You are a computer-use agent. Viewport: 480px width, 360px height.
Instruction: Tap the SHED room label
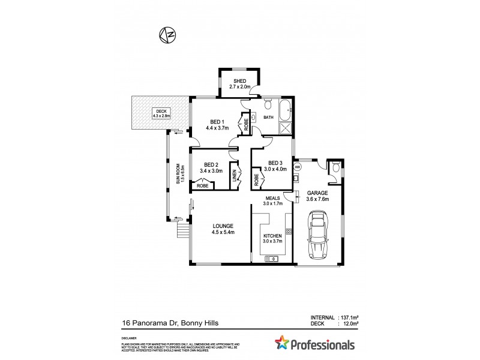coord(239,82)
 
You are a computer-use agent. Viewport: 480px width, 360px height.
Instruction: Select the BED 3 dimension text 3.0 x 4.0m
coord(277,169)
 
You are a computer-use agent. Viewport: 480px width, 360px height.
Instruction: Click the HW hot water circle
coord(297,166)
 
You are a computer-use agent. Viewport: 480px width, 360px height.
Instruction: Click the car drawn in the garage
coord(317,237)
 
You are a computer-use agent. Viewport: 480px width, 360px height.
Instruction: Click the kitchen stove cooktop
coord(289,231)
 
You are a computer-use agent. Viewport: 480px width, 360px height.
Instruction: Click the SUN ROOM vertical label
coord(178,175)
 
